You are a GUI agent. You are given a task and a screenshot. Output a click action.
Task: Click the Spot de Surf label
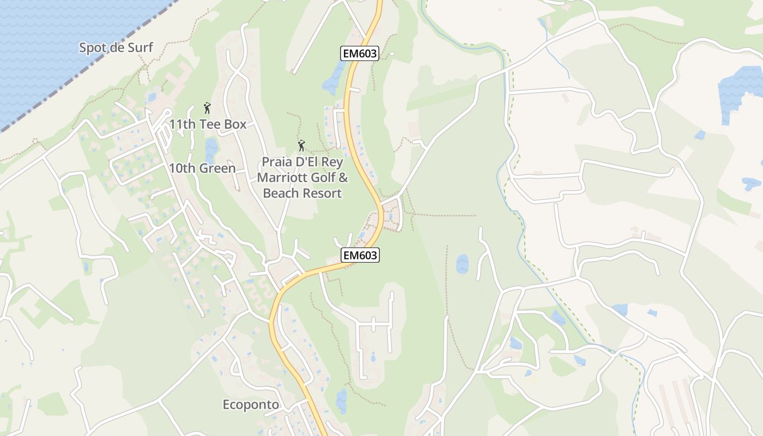116,47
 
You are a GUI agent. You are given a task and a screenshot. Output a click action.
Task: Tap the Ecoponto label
251,405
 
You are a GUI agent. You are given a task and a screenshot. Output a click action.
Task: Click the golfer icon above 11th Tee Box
207,108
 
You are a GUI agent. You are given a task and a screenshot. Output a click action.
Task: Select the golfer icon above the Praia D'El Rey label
301,146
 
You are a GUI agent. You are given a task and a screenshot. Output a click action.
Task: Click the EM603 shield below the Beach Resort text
360,255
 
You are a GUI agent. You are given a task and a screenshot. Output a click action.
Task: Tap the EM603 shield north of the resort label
360,53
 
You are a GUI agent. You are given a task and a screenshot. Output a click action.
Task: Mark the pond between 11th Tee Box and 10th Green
211,147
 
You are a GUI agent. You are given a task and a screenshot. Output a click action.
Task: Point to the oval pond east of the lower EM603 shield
462,264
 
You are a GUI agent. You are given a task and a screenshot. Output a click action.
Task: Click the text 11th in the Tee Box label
182,124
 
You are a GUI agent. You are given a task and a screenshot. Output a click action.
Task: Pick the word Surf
140,47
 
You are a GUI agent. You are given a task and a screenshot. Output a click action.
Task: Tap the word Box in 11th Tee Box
235,124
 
